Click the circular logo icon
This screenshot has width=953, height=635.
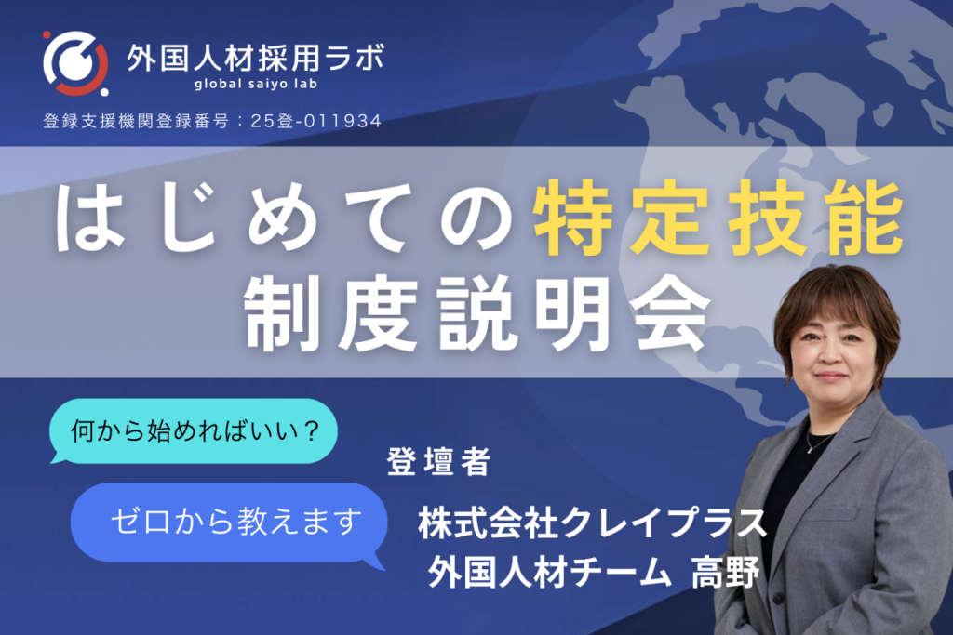pos(75,63)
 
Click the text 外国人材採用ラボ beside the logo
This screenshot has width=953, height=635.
pos(256,59)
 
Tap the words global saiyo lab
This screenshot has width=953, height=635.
pos(256,84)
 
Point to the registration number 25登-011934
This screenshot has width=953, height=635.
pos(316,121)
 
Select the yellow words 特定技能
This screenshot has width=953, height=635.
pos(718,218)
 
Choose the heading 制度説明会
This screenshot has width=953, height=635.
pos(476,313)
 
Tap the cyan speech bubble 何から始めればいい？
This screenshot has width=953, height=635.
pos(194,431)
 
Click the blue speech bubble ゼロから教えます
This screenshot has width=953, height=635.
pos(229,523)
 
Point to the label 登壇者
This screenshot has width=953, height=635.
pos(439,461)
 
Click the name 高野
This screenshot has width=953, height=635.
pos(726,572)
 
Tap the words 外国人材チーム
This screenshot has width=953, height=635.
pos(549,572)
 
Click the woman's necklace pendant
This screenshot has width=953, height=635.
pos(811,449)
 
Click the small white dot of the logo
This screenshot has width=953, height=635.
pos(104,92)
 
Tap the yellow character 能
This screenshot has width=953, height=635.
pos(866,218)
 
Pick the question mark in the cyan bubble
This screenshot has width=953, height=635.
pos(311,431)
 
